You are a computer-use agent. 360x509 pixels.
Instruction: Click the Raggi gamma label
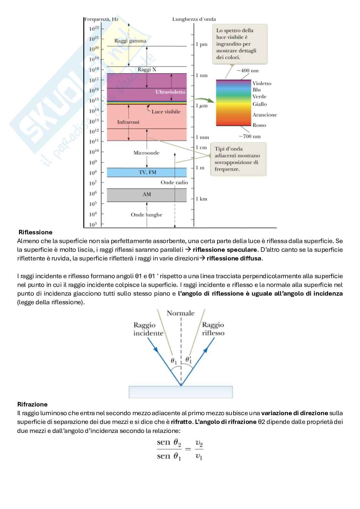tap(130, 41)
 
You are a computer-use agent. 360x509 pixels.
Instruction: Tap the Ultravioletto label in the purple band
tap(170, 92)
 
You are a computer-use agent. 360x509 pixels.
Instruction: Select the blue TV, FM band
tap(147, 172)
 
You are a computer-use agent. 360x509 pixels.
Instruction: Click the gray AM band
tap(147, 194)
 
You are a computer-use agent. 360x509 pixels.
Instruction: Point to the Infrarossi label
tap(128, 122)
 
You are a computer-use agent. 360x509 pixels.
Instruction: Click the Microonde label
tap(146, 153)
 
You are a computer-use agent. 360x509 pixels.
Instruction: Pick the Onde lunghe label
tap(146, 215)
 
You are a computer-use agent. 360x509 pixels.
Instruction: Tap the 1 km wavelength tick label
tap(201, 199)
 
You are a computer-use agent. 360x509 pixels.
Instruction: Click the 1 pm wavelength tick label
tap(201, 44)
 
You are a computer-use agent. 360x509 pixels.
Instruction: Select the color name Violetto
tap(262, 83)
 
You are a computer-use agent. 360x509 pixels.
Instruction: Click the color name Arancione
tap(265, 115)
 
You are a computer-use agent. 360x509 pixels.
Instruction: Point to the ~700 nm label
tap(249, 136)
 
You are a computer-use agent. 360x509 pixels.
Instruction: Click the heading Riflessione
tap(35, 232)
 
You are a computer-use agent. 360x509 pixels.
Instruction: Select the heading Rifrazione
tap(32, 404)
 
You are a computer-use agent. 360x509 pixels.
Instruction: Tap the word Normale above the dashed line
tap(181, 313)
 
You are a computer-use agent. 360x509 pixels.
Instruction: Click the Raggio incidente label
tap(148, 329)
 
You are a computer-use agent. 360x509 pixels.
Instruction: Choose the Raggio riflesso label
tap(213, 329)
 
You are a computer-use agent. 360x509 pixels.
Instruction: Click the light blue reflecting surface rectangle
tap(181, 392)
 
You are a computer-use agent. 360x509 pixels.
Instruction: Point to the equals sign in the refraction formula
tap(188, 448)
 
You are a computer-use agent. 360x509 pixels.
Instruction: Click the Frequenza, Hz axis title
tap(101, 19)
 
